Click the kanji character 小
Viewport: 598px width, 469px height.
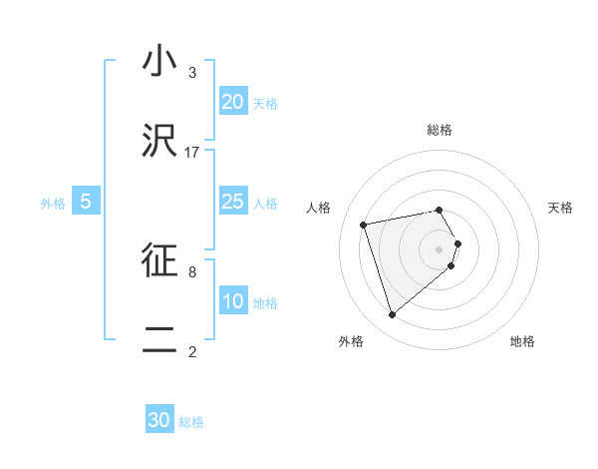(159, 61)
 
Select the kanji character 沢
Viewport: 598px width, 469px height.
(159, 140)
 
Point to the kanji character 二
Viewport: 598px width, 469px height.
(159, 339)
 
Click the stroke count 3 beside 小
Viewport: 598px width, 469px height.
(192, 73)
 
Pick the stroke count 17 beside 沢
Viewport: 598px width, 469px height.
(192, 153)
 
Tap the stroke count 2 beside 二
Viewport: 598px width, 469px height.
(192, 351)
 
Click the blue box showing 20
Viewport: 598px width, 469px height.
(232, 102)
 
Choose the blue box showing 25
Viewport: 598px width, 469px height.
(232, 202)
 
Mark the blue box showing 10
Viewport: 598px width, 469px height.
(232, 301)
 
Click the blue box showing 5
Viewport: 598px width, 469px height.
(86, 202)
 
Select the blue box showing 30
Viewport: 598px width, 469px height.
(159, 421)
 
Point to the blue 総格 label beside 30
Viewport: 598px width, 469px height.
(191, 422)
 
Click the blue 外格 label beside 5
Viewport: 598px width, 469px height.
(53, 203)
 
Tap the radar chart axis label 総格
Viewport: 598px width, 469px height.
(440, 130)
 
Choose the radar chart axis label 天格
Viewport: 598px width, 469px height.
(561, 208)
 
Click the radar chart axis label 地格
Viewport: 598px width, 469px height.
(522, 341)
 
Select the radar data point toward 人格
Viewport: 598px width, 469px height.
(364, 224)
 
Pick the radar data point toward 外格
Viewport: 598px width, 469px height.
(392, 314)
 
